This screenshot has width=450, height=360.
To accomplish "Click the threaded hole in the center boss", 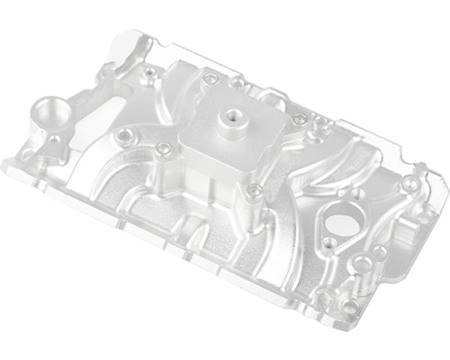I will pyautogui.click(x=231, y=116).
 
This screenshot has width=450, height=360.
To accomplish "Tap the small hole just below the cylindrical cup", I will pyautogui.click(x=55, y=139).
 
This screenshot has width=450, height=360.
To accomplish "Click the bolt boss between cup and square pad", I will pyautogui.click(x=122, y=135).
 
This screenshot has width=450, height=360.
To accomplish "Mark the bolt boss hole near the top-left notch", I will pyautogui.click(x=149, y=72).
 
